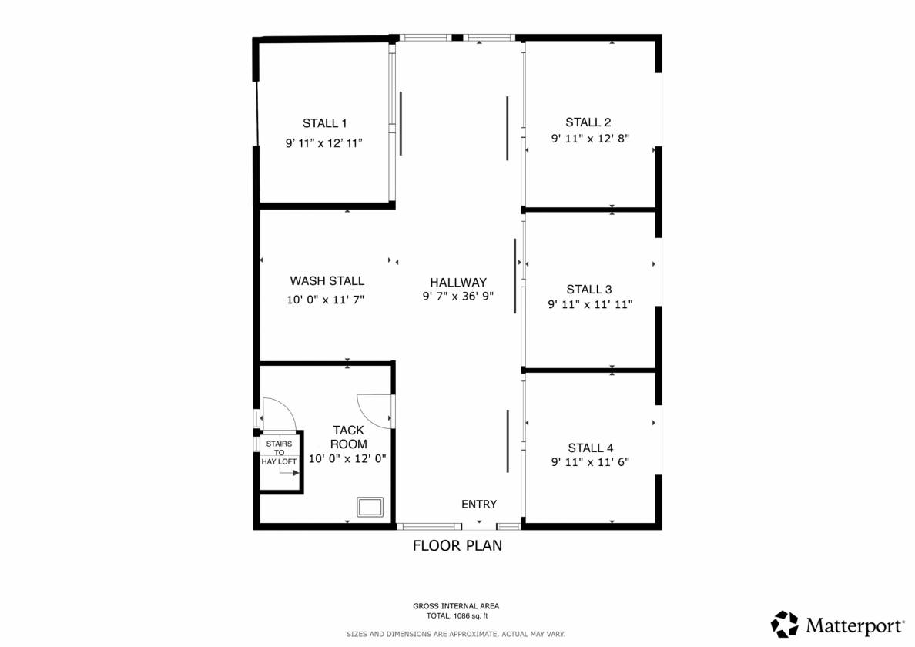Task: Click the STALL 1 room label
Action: pyautogui.click(x=324, y=123)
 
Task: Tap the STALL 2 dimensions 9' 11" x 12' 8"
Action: pyautogui.click(x=590, y=139)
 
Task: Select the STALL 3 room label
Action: pyautogui.click(x=588, y=290)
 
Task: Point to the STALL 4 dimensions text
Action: pyautogui.click(x=590, y=462)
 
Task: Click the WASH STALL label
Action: pyautogui.click(x=327, y=280)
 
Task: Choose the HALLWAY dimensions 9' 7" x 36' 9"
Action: pyautogui.click(x=458, y=297)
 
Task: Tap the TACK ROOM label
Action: pyautogui.click(x=348, y=437)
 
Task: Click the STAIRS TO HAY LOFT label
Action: pyautogui.click(x=279, y=453)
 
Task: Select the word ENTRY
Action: pyautogui.click(x=479, y=504)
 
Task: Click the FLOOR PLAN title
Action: pyautogui.click(x=457, y=545)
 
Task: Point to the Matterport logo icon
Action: pyautogui.click(x=785, y=625)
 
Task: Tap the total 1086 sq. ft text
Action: pyautogui.click(x=457, y=616)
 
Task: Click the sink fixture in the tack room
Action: pyautogui.click(x=370, y=507)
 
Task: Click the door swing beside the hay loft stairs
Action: pyautogui.click(x=279, y=414)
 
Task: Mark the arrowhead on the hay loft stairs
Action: pyautogui.click(x=296, y=473)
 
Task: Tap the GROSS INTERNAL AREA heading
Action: pyautogui.click(x=456, y=606)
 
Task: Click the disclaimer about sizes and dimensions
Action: pyautogui.click(x=456, y=634)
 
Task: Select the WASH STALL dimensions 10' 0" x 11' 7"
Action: pyautogui.click(x=325, y=300)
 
